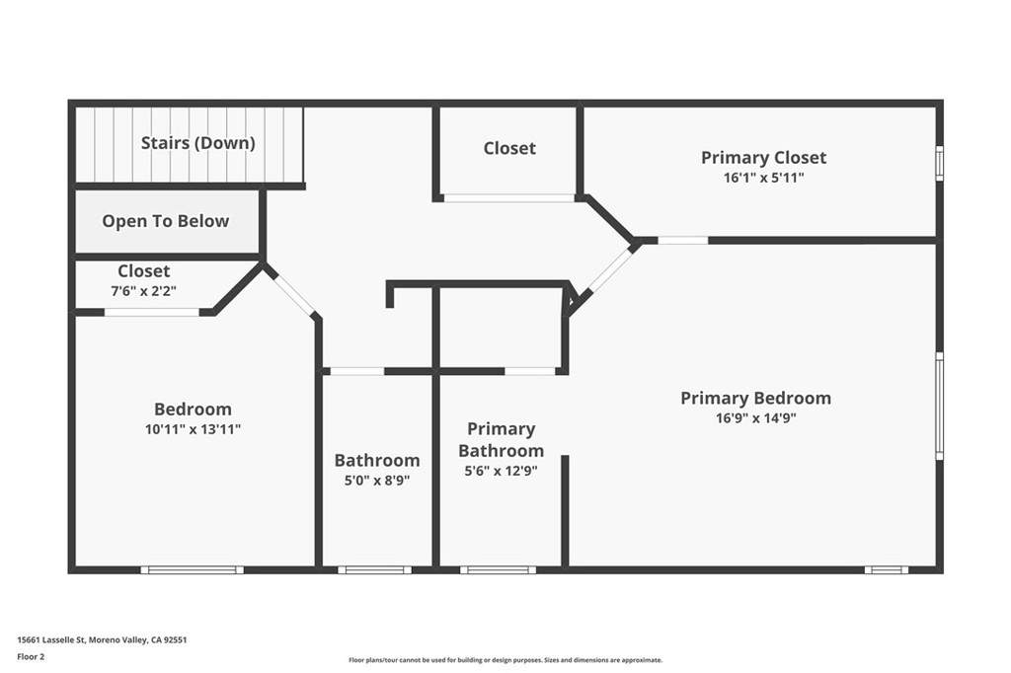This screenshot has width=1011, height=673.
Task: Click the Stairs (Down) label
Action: [197, 143]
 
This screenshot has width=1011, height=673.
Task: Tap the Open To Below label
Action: [165, 221]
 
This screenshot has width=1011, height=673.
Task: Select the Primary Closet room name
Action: [763, 158]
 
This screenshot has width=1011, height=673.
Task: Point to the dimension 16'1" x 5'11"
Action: [763, 178]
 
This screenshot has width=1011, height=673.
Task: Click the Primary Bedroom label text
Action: [755, 399]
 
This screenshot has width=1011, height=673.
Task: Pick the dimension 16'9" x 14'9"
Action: [755, 418]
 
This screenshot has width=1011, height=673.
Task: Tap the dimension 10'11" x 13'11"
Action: [193, 429]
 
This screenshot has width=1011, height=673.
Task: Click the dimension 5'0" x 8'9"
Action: [377, 481]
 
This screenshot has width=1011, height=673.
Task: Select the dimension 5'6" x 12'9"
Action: [501, 472]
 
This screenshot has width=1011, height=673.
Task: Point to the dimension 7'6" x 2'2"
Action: [144, 291]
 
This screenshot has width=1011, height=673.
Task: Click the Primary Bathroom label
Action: [501, 440]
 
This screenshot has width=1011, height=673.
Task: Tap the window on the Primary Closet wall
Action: [940, 163]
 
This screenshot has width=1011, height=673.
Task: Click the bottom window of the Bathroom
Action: [374, 569]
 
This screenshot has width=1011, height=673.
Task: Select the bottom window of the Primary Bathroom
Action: [498, 569]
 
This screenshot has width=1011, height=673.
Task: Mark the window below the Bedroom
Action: [193, 569]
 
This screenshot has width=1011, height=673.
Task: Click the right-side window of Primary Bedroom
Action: [940, 406]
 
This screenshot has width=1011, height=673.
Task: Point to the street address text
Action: [102, 640]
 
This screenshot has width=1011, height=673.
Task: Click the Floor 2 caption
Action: [31, 657]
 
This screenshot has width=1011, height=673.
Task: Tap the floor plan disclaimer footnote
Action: [505, 660]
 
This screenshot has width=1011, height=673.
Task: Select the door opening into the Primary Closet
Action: [683, 241]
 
